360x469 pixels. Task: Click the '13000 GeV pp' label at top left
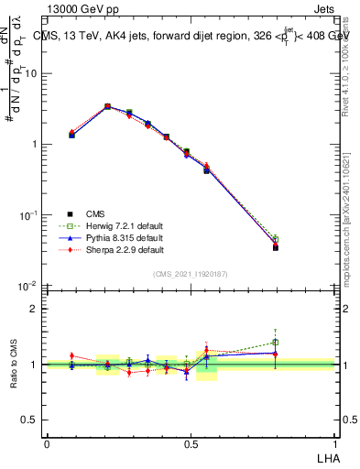(x=86, y=10)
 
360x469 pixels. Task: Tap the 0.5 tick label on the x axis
(x=190, y=443)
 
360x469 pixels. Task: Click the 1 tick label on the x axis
(x=333, y=443)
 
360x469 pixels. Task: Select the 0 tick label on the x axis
(x=47, y=443)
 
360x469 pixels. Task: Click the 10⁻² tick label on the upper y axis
(x=29, y=286)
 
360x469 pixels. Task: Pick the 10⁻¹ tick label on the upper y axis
(x=29, y=215)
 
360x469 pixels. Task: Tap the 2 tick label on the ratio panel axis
(x=35, y=309)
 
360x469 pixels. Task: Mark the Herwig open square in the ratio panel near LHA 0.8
(x=276, y=343)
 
